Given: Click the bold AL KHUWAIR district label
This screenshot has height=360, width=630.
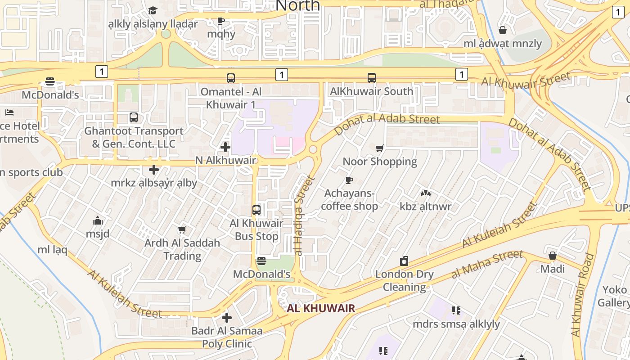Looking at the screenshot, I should (x=321, y=308).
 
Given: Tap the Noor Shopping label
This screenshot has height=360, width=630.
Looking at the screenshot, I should (x=380, y=162).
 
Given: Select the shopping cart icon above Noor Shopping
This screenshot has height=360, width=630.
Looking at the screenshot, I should (x=380, y=148).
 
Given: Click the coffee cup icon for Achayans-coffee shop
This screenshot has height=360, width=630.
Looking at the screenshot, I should (x=349, y=180).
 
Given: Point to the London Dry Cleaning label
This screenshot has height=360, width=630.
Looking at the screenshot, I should (x=404, y=280).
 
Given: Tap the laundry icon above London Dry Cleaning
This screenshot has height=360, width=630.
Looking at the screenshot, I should (x=404, y=261).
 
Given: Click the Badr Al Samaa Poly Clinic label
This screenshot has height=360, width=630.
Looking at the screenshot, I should (x=227, y=337).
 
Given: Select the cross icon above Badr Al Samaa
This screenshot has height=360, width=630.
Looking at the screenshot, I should (x=227, y=318).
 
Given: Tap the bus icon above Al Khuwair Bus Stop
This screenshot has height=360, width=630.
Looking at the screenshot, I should (x=256, y=210).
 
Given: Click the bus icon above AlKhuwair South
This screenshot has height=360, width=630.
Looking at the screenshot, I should (x=372, y=78).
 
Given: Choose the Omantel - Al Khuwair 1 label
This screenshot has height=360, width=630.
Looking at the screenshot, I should (x=231, y=98).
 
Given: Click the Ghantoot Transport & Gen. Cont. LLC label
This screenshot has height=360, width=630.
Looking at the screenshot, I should (x=134, y=137).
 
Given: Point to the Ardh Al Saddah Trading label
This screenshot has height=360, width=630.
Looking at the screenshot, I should (x=182, y=249).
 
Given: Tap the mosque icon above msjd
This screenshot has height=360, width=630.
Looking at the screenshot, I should (x=98, y=220).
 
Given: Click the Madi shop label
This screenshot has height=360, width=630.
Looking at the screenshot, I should (x=553, y=269).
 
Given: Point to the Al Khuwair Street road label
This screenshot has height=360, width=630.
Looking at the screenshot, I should (x=526, y=80).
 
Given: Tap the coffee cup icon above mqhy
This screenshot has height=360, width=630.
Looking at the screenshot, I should (x=221, y=21).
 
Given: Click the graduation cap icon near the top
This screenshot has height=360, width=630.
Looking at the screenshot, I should (x=153, y=10).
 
